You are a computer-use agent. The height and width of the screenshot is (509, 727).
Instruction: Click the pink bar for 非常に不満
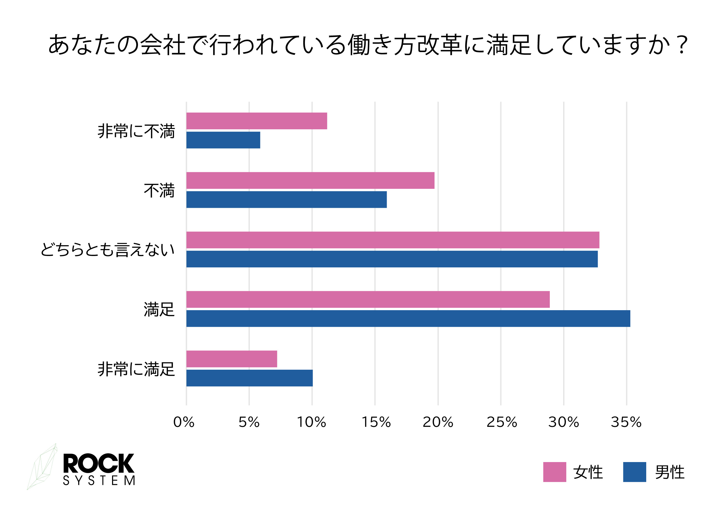(256, 121)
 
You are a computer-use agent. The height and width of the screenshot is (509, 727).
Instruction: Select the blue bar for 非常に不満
(223, 140)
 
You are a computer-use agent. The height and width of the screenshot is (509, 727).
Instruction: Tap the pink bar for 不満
(310, 181)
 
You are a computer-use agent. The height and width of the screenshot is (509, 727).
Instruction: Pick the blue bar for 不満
(286, 200)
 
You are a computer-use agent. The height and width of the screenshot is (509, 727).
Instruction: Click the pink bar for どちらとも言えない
(393, 240)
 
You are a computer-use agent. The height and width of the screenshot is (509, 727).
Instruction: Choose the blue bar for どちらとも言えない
(392, 259)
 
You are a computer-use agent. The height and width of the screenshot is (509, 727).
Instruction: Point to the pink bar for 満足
(368, 299)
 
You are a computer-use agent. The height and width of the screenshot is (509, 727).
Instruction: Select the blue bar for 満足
(408, 318)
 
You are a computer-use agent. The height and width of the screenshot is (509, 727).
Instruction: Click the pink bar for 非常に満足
(232, 359)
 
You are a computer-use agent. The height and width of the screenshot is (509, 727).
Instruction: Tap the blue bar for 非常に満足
(250, 378)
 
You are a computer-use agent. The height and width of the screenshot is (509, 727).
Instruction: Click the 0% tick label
(184, 422)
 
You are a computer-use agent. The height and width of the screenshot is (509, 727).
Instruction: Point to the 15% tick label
(376, 422)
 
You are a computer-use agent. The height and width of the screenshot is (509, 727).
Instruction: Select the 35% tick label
(626, 422)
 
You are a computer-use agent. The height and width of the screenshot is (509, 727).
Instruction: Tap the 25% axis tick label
(502, 422)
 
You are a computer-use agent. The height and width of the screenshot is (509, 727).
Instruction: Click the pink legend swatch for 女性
(554, 472)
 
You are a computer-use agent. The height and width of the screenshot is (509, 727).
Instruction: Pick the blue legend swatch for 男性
(634, 472)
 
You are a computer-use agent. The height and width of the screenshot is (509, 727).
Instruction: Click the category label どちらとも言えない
(108, 250)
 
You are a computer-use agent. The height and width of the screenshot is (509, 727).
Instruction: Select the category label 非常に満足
(136, 369)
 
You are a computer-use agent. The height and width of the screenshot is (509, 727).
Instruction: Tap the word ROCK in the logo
(98, 463)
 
